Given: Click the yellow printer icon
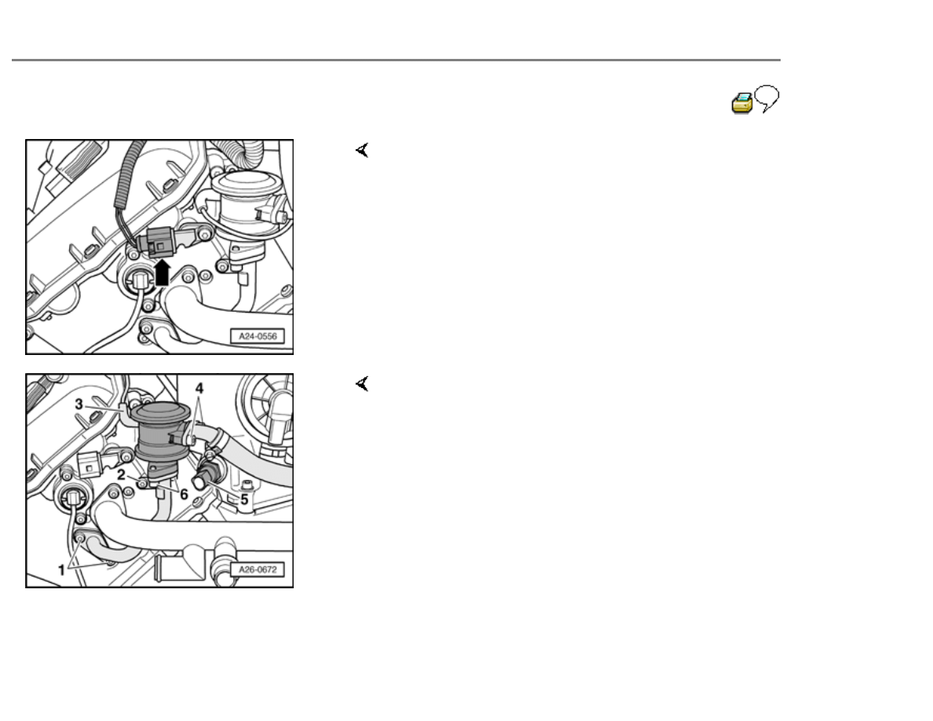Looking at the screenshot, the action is tap(741, 103).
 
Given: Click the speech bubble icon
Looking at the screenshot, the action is tap(767, 98).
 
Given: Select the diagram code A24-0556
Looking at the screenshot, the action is tap(258, 336).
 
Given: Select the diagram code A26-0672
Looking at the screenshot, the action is tap(258, 569).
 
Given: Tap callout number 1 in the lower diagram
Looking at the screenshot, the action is tap(61, 570).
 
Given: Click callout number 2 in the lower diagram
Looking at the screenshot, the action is tap(122, 474).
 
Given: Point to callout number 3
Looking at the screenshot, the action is tap(79, 404).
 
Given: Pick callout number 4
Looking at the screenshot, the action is tap(199, 389).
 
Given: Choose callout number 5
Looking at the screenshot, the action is tap(244, 500).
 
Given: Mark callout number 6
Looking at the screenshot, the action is tap(184, 494).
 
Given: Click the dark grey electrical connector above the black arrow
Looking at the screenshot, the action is tap(155, 243).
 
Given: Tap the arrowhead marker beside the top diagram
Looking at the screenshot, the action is tap(362, 150).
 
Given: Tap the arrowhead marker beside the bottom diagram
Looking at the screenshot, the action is tap(362, 384).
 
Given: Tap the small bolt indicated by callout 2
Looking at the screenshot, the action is tap(143, 483).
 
